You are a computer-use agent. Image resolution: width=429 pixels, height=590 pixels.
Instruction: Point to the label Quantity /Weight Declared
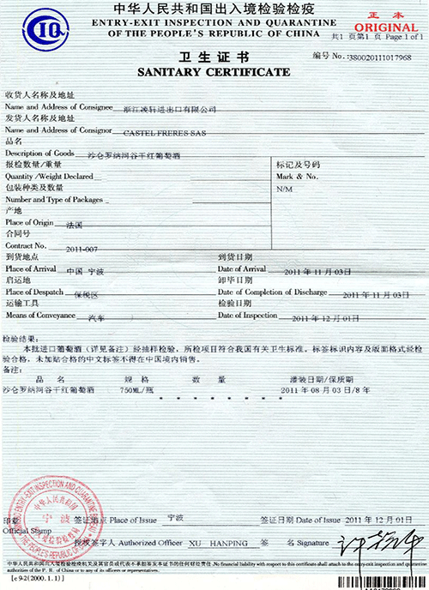(x=49, y=176)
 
